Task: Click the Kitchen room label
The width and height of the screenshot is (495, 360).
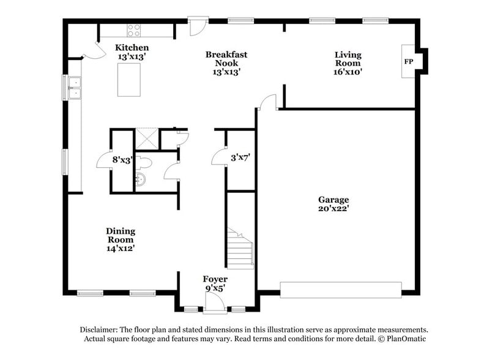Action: point(132,48)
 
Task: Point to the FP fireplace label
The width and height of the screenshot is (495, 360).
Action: point(408,62)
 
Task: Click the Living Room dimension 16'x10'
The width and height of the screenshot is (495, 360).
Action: point(348,72)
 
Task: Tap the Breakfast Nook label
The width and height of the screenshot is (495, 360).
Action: point(226,59)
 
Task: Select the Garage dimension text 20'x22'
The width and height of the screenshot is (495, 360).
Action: point(333,208)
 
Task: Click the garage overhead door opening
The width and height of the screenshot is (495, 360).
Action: point(340,290)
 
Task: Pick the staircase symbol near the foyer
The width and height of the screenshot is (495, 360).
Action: point(240,247)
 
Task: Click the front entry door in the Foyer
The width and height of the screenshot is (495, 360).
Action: point(214,300)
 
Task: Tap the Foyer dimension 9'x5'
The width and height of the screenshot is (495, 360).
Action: point(215,287)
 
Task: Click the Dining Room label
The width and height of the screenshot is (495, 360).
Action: point(120,235)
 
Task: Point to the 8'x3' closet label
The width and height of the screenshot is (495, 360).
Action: point(122,160)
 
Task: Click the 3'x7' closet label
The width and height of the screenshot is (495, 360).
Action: point(240,157)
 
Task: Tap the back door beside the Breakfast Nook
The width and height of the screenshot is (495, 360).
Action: point(198,26)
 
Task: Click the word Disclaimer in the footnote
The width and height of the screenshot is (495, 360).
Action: point(102,329)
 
